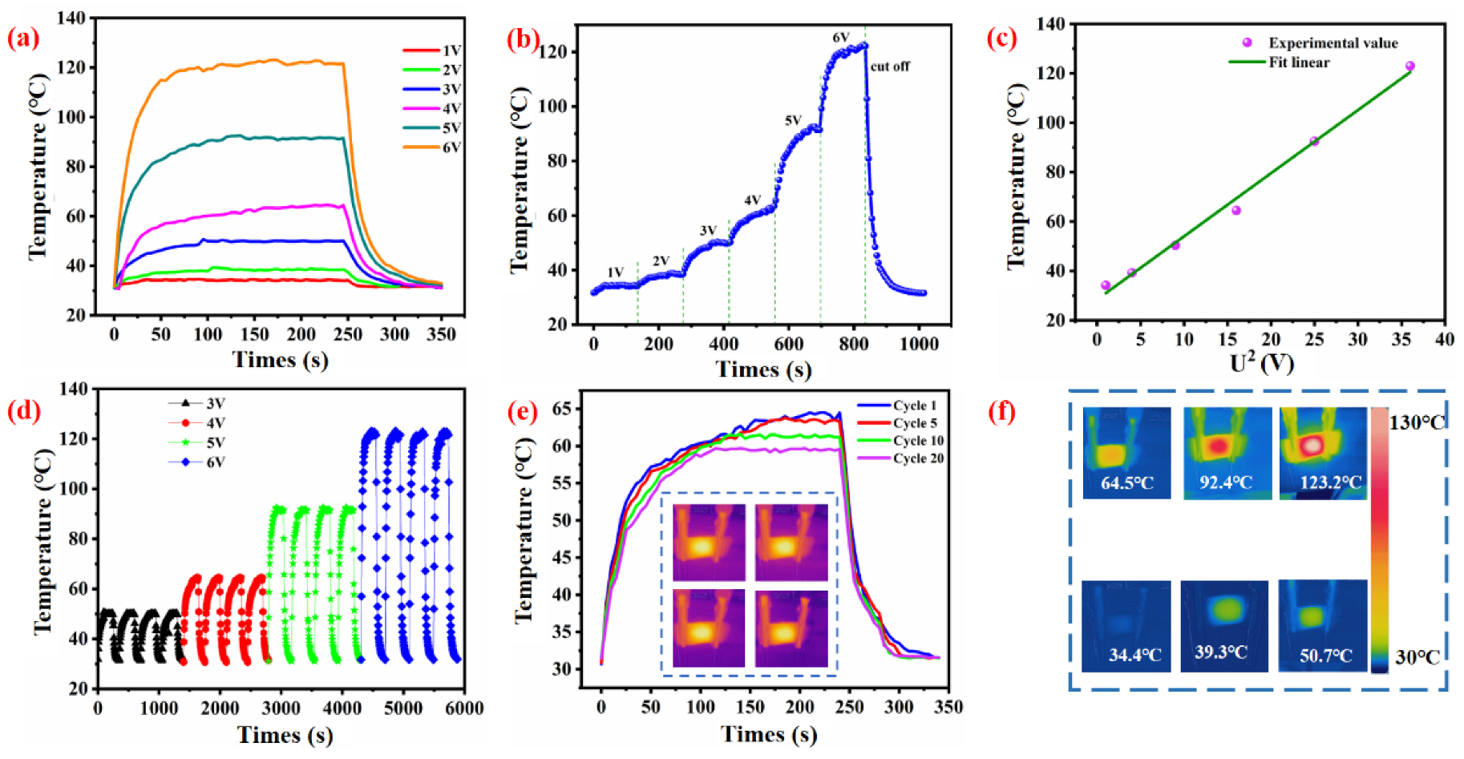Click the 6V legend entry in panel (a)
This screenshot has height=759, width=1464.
pyautogui.click(x=433, y=147)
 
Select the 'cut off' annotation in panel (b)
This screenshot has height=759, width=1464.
pyautogui.click(x=890, y=67)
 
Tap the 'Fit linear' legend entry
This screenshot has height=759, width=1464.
pyautogui.click(x=1298, y=63)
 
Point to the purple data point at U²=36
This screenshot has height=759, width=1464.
pyautogui.click(x=1410, y=67)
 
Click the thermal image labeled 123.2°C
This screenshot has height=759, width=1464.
pyautogui.click(x=1323, y=453)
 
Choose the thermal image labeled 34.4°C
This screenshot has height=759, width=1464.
pyautogui.click(x=1126, y=625)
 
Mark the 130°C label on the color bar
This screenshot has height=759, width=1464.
pyautogui.click(x=1417, y=422)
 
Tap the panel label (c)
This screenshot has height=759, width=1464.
pyautogui.click(x=1001, y=38)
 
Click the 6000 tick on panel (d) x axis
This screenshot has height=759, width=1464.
pyautogui.click(x=464, y=709)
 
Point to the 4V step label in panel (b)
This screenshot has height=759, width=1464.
pyautogui.click(x=752, y=200)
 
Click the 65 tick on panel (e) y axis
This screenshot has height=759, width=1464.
pyautogui.click(x=561, y=409)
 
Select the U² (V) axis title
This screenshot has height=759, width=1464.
pyautogui.click(x=1262, y=363)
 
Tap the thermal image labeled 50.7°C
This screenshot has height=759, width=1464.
pyautogui.click(x=1323, y=625)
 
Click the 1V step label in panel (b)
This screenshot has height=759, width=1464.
pyautogui.click(x=615, y=273)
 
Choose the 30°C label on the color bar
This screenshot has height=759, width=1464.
pyautogui.click(x=1417, y=657)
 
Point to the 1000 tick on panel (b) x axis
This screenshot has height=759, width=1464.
pyautogui.click(x=919, y=344)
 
